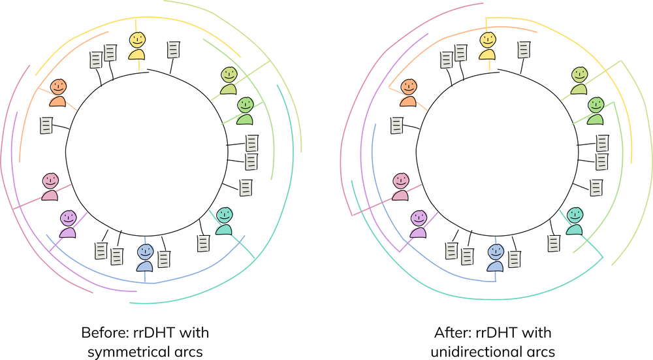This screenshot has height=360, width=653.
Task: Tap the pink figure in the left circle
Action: [50, 186]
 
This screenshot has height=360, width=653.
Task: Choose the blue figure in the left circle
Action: [145, 256]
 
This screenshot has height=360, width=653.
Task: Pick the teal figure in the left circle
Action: [224, 220]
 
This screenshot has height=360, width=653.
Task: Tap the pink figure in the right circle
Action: [401, 186]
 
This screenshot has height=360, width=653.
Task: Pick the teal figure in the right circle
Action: [575, 220]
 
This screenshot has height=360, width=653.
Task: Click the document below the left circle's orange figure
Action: [46, 126]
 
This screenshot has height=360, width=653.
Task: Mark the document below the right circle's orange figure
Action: [396, 126]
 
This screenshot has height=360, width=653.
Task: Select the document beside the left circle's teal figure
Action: [203, 244]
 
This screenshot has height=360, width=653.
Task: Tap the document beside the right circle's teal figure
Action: [554, 244]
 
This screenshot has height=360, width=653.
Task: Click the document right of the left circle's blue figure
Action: [164, 259]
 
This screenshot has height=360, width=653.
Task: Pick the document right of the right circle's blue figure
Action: [515, 259]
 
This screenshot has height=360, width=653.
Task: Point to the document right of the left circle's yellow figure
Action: [173, 50]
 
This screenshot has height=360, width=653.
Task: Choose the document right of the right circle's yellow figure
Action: [524, 50]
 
